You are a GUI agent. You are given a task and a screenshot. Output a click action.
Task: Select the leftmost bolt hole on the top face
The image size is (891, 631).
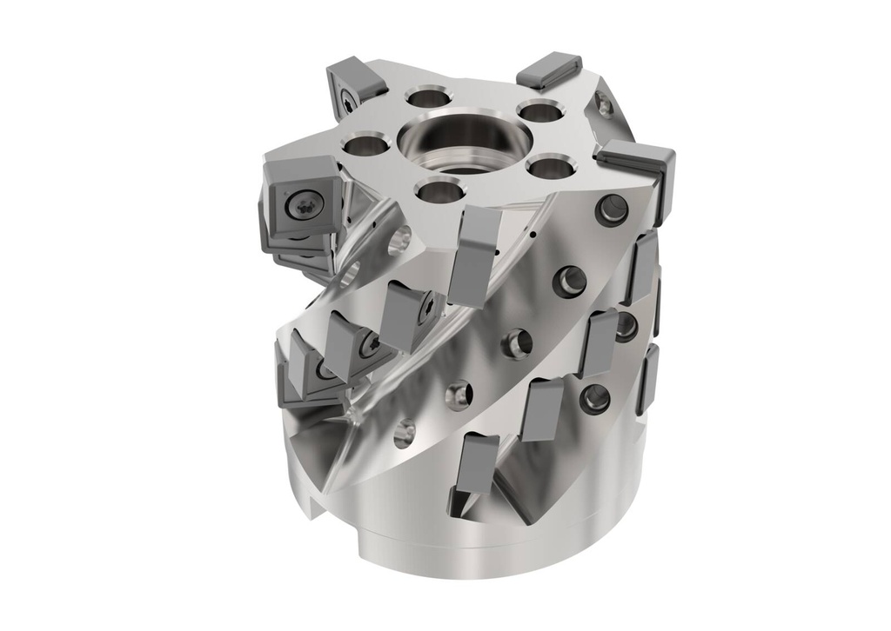click(366, 146)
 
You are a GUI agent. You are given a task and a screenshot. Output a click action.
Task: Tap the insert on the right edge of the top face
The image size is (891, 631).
click(640, 169)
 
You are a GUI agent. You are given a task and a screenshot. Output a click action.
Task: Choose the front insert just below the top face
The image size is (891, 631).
click(474, 252)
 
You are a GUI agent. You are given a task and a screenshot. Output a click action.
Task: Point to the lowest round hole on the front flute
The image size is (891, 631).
click(405, 433)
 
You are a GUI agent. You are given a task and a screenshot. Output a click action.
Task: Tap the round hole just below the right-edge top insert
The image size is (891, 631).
click(613, 208)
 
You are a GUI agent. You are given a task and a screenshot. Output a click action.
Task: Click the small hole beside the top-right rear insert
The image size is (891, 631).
click(603, 106)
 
